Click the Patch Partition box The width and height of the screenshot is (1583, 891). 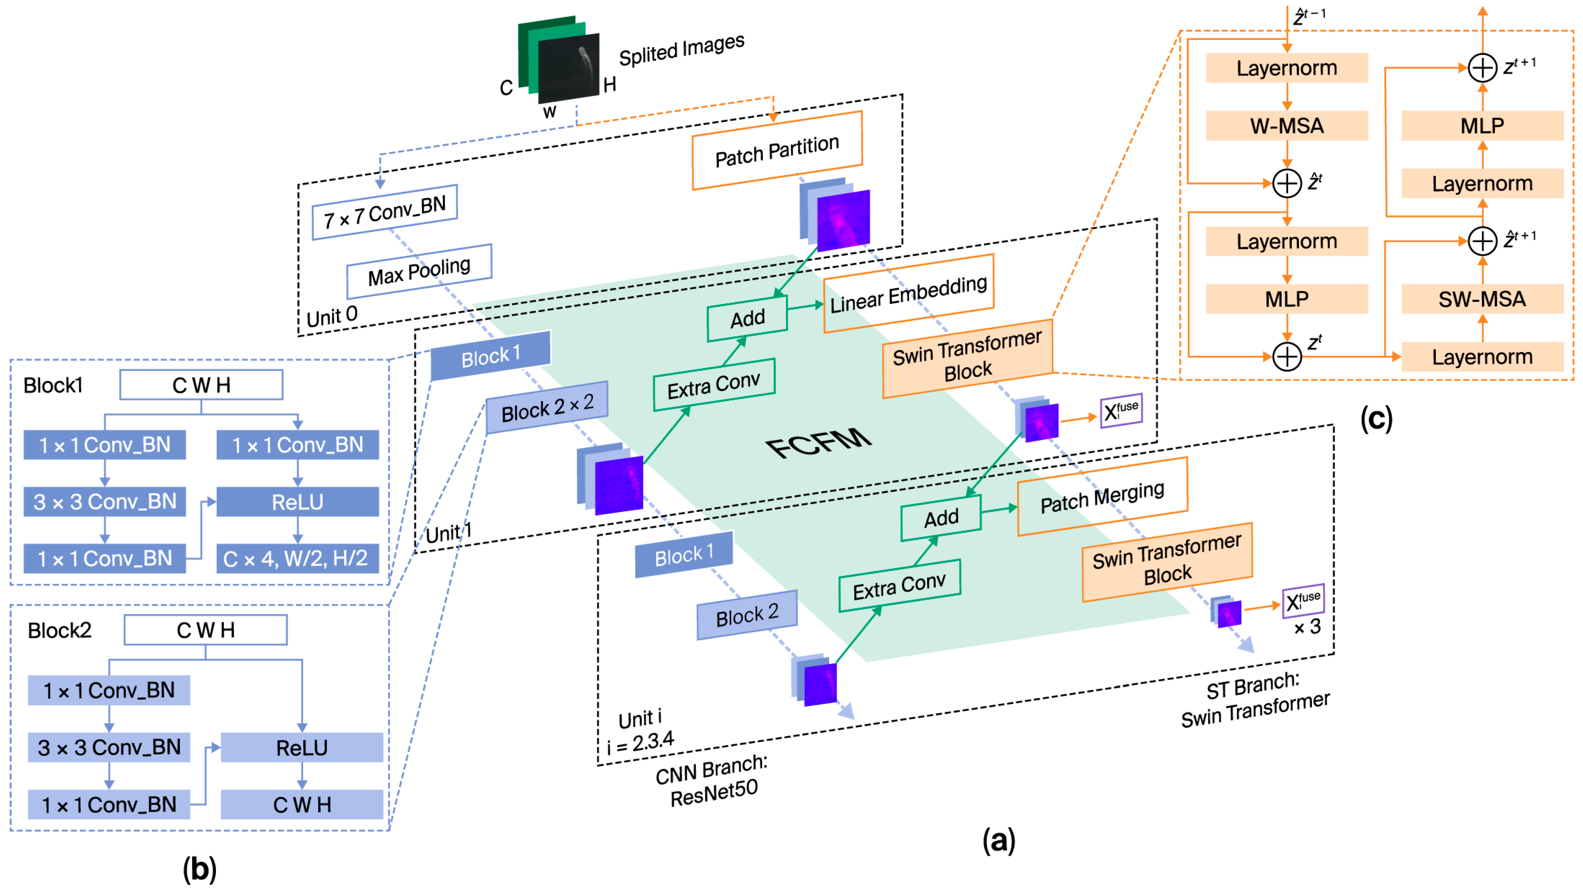coord(777,150)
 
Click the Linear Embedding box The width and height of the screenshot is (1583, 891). coord(908,294)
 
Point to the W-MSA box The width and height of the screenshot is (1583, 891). coord(1286,126)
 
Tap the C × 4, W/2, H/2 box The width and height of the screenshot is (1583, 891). coord(297,558)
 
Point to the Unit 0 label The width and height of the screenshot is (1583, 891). coord(332,316)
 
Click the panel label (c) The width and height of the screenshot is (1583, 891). coord(1376,419)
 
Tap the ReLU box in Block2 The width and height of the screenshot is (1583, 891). coord(302,747)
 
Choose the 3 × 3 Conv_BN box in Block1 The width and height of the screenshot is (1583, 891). coord(104,502)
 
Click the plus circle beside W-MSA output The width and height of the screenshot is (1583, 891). coord(1286,183)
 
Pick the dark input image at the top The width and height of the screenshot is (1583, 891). coord(568,68)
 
